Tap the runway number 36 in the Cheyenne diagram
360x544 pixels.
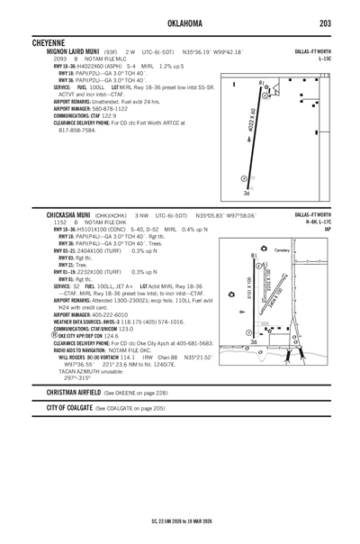tap(247, 192)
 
